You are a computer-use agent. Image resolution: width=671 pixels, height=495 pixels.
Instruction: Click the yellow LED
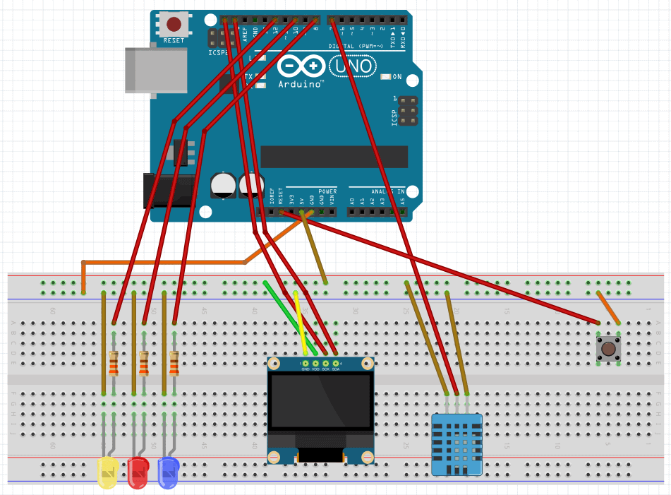107,472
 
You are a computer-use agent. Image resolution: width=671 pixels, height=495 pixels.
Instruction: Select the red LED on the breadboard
138,472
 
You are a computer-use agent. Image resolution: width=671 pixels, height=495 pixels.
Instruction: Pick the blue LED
169,472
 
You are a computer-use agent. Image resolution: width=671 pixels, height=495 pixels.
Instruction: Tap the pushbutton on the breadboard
607,347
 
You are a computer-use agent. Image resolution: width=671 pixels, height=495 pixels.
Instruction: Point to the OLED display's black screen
321,400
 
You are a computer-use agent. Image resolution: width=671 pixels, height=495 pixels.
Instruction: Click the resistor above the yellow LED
114,364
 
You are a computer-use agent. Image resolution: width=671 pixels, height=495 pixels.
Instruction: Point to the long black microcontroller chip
334,157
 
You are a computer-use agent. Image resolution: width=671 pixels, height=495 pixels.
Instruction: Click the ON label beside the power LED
397,77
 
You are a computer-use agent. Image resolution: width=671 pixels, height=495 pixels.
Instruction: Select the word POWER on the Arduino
327,191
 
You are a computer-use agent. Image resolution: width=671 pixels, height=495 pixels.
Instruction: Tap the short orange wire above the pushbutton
608,308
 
